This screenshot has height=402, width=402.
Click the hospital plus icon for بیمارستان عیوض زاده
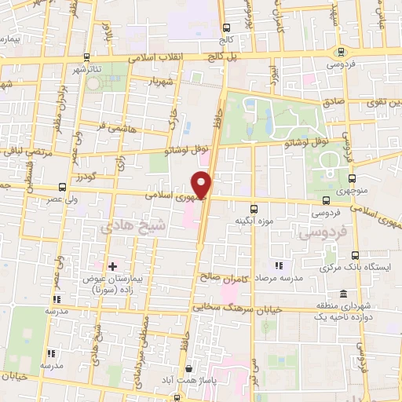113,266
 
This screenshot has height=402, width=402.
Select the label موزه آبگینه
255,221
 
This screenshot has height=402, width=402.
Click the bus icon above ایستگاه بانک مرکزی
355,255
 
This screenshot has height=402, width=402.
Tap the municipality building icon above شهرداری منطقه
343,293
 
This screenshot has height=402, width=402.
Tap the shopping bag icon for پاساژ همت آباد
188,369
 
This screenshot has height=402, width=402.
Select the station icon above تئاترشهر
86,57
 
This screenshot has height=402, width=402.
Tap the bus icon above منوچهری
352,179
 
